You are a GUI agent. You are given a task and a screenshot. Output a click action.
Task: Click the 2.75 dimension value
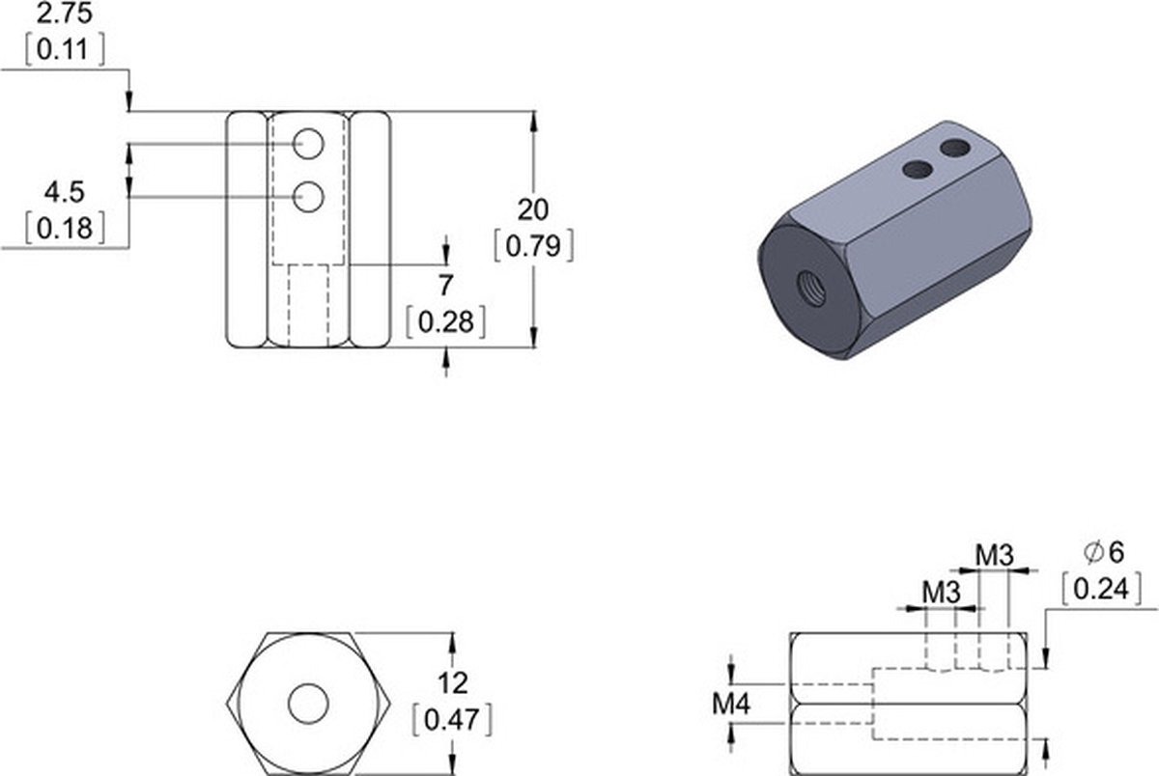[64, 14]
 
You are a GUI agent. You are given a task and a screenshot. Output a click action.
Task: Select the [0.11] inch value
[65, 50]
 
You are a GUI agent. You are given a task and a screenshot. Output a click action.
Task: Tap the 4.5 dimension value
[64, 192]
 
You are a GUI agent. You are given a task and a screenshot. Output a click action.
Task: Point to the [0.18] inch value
[65, 228]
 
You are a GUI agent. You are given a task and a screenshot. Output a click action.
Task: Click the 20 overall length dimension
[533, 209]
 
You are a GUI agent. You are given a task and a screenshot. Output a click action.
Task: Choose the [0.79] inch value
[534, 245]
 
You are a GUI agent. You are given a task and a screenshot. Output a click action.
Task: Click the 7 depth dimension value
[445, 286]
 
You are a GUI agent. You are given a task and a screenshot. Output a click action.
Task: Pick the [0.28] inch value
[445, 322]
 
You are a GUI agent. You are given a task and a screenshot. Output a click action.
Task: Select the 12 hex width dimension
[453, 683]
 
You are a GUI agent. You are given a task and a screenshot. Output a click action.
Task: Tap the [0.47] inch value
[452, 720]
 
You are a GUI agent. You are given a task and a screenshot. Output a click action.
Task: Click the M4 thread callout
[730, 704]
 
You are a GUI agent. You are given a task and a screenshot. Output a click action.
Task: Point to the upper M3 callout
[995, 556]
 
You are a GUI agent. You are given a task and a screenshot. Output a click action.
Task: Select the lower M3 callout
[941, 593]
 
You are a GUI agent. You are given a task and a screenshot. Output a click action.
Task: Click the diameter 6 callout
[1104, 553]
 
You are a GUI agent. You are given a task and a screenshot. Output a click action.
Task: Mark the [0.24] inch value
[1101, 589]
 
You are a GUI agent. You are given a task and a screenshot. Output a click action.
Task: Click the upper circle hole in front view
[308, 144]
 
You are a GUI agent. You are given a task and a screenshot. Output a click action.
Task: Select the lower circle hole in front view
[308, 197]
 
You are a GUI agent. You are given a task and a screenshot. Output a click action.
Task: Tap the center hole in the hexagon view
[308, 704]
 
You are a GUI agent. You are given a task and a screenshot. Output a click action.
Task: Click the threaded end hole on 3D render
[810, 287]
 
